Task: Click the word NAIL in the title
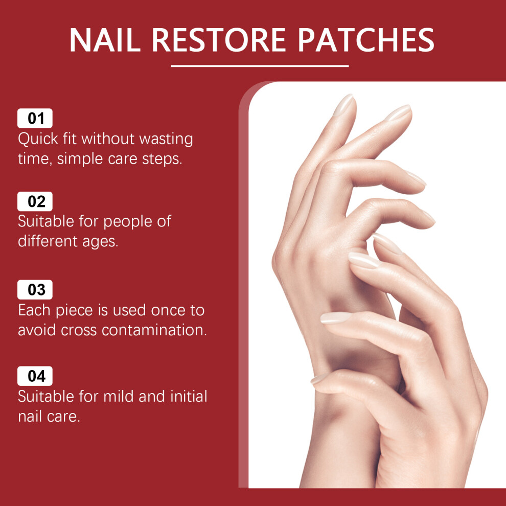(x=105, y=40)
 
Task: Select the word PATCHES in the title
(x=365, y=40)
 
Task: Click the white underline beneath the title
(x=260, y=66)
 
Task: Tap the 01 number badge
(x=35, y=118)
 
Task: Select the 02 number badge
(x=35, y=201)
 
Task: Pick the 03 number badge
(x=35, y=289)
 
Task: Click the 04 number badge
(x=35, y=376)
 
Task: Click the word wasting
(x=166, y=140)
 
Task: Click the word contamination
(x=154, y=330)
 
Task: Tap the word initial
(x=189, y=396)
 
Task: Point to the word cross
(x=79, y=331)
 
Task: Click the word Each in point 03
(x=34, y=310)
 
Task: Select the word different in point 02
(x=48, y=241)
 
